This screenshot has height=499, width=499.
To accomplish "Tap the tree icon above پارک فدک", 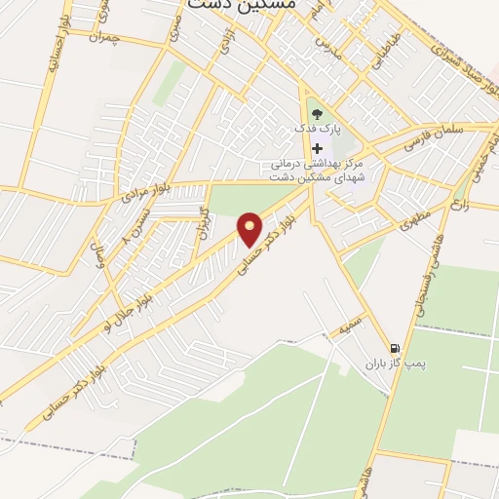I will (x=316, y=114).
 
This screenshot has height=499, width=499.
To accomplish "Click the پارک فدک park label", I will (x=316, y=129).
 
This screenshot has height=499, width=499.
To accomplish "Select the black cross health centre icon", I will (x=316, y=147).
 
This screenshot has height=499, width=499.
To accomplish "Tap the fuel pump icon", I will (x=394, y=348).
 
